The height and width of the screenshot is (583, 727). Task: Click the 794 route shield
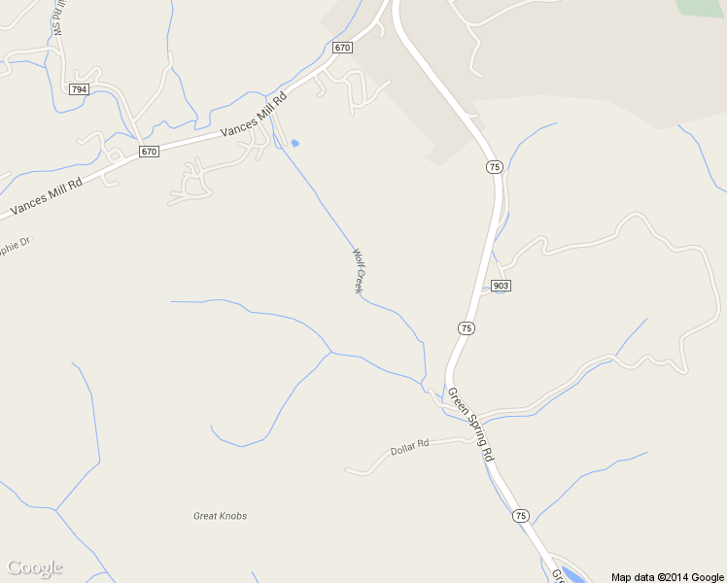pyautogui.click(x=79, y=89)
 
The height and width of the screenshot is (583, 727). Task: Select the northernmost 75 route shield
pyautogui.click(x=495, y=167)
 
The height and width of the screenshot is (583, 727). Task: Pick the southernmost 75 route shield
pyautogui.click(x=521, y=515)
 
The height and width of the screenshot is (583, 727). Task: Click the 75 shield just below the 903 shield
pyautogui.click(x=467, y=328)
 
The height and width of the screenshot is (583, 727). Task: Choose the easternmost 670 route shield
pyautogui.click(x=341, y=48)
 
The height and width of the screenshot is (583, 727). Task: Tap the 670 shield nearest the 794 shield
pyautogui.click(x=148, y=152)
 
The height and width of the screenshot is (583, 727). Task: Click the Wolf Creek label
pyautogui.click(x=359, y=271)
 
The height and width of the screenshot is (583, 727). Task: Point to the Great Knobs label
pyautogui.click(x=220, y=516)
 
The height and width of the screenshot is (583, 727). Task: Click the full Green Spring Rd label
pyautogui.click(x=470, y=425)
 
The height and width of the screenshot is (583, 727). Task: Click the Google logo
pyautogui.click(x=34, y=567)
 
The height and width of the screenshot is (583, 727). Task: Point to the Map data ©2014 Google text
pyautogui.click(x=667, y=576)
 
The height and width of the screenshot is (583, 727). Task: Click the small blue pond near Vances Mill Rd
pyautogui.click(x=294, y=144)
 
